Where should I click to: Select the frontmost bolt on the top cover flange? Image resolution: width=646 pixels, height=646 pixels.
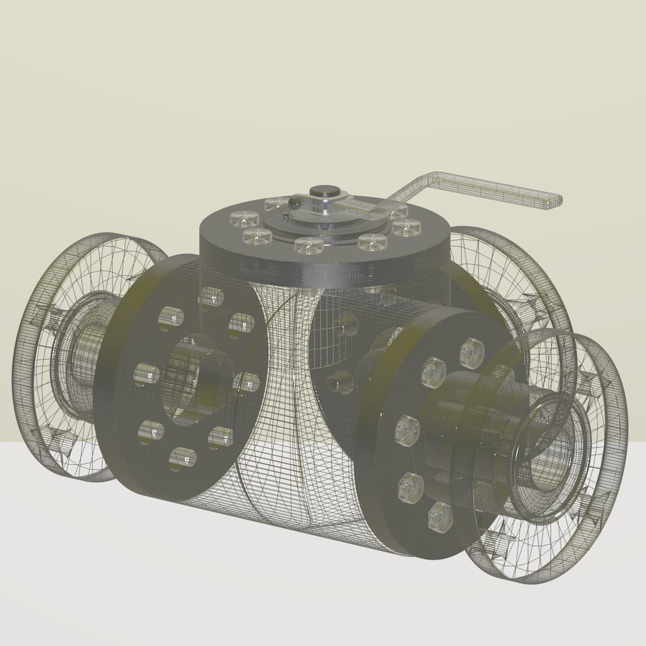click(309, 245)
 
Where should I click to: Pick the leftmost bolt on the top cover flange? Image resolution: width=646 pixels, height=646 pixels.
click(244, 219)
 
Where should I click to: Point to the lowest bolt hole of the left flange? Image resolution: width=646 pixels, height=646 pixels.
click(182, 458)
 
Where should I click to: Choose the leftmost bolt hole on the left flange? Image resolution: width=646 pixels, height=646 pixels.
click(146, 375)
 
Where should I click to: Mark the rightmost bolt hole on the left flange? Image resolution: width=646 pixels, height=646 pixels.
click(247, 383)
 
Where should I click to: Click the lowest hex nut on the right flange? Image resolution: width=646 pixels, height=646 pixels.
click(440, 514)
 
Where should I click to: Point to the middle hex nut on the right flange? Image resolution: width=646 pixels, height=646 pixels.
click(407, 431)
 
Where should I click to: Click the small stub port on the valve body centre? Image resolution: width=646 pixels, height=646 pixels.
click(340, 381)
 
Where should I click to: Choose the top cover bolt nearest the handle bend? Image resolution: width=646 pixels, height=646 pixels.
click(397, 211)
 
